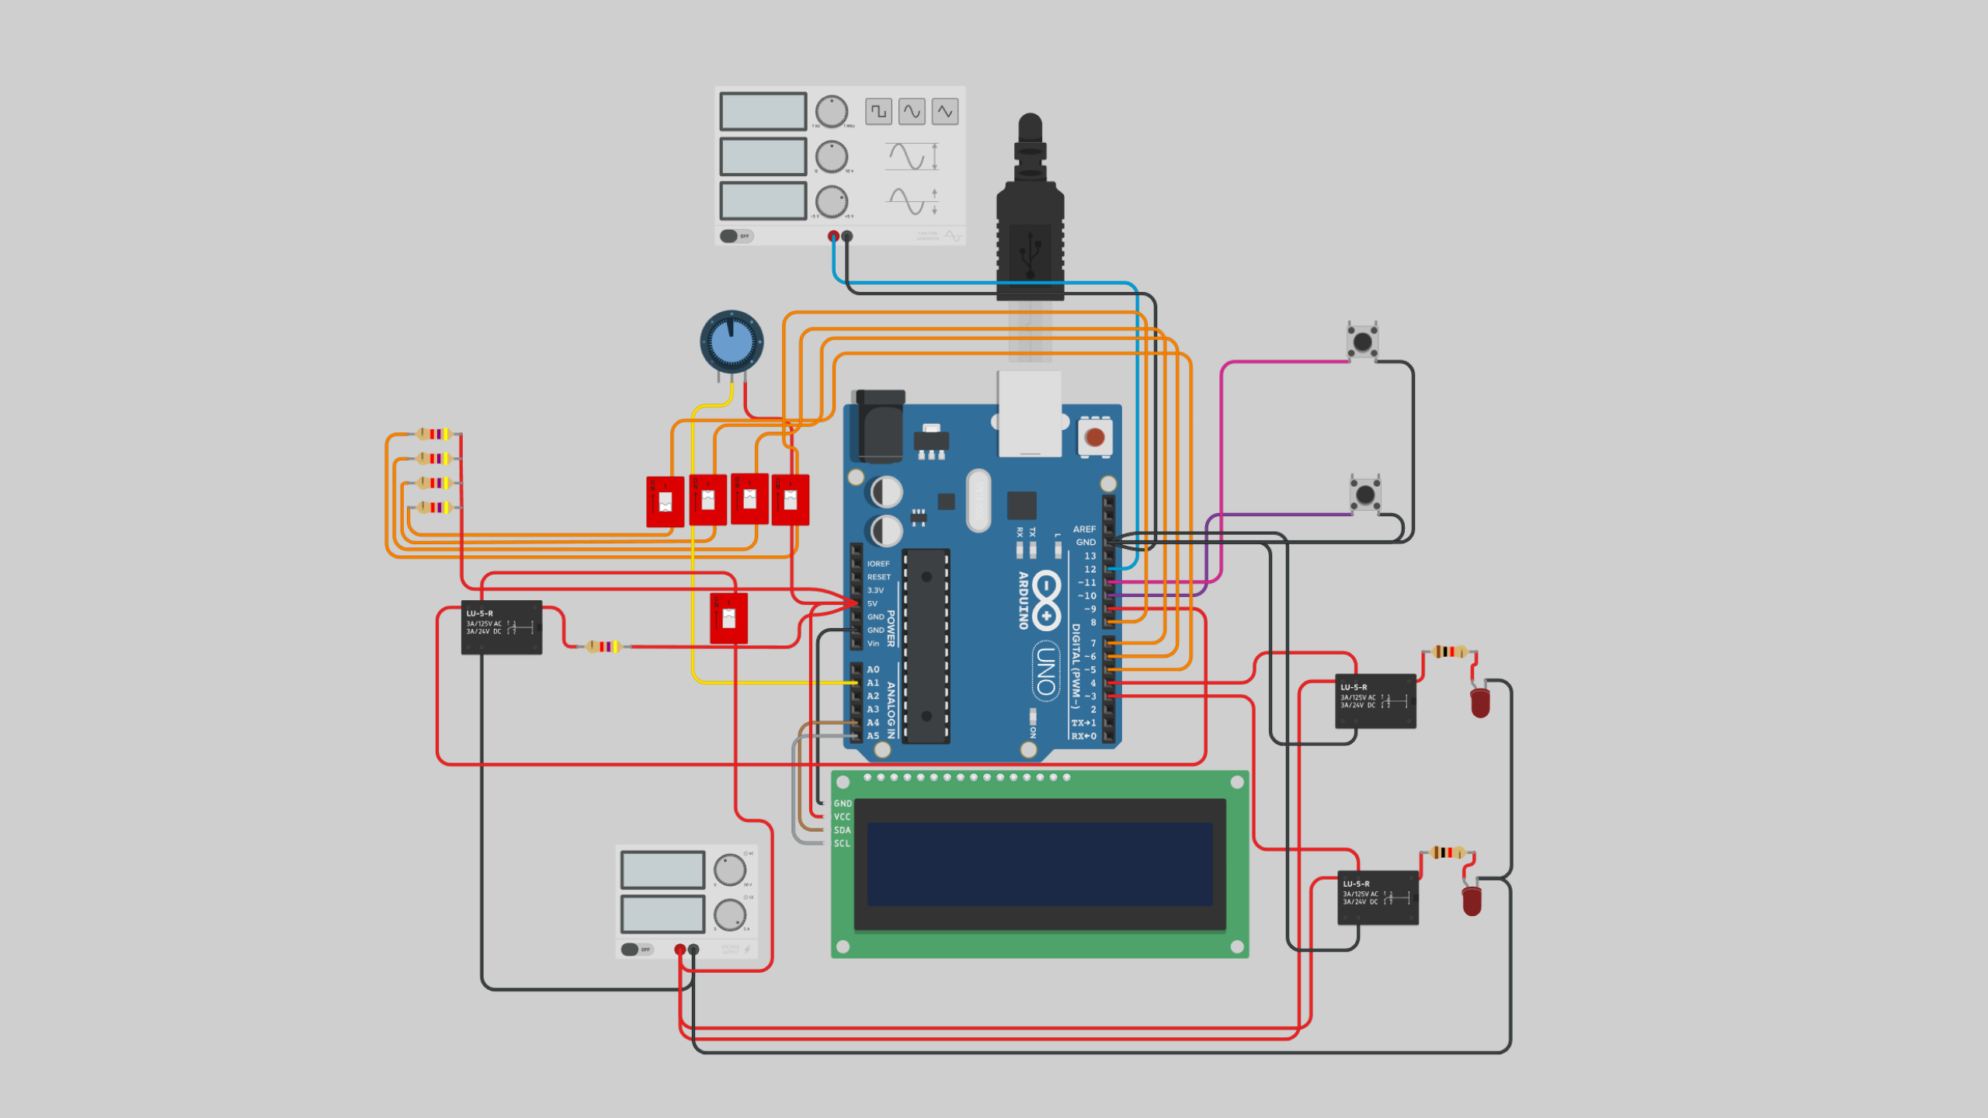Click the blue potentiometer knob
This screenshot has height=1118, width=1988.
point(731,342)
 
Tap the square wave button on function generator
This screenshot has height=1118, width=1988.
point(878,112)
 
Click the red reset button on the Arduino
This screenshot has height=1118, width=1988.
point(1095,437)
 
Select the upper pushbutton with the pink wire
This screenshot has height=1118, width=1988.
point(1362,342)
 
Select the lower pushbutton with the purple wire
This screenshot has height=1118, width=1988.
point(1364,494)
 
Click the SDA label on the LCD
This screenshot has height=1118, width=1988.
point(842,830)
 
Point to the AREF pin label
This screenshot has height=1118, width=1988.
point(1084,529)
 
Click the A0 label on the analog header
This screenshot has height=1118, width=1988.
point(873,669)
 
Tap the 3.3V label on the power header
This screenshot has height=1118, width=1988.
point(875,590)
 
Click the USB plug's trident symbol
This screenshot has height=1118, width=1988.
point(1030,252)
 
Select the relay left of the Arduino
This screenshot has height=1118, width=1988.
point(501,627)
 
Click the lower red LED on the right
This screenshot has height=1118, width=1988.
point(1472,901)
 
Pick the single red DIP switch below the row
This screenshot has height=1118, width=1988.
point(728,618)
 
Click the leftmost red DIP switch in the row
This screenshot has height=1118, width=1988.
point(665,502)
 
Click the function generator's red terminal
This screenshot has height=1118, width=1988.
point(833,236)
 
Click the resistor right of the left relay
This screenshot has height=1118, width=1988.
point(603,646)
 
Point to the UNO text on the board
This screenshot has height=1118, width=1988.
point(1046,672)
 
